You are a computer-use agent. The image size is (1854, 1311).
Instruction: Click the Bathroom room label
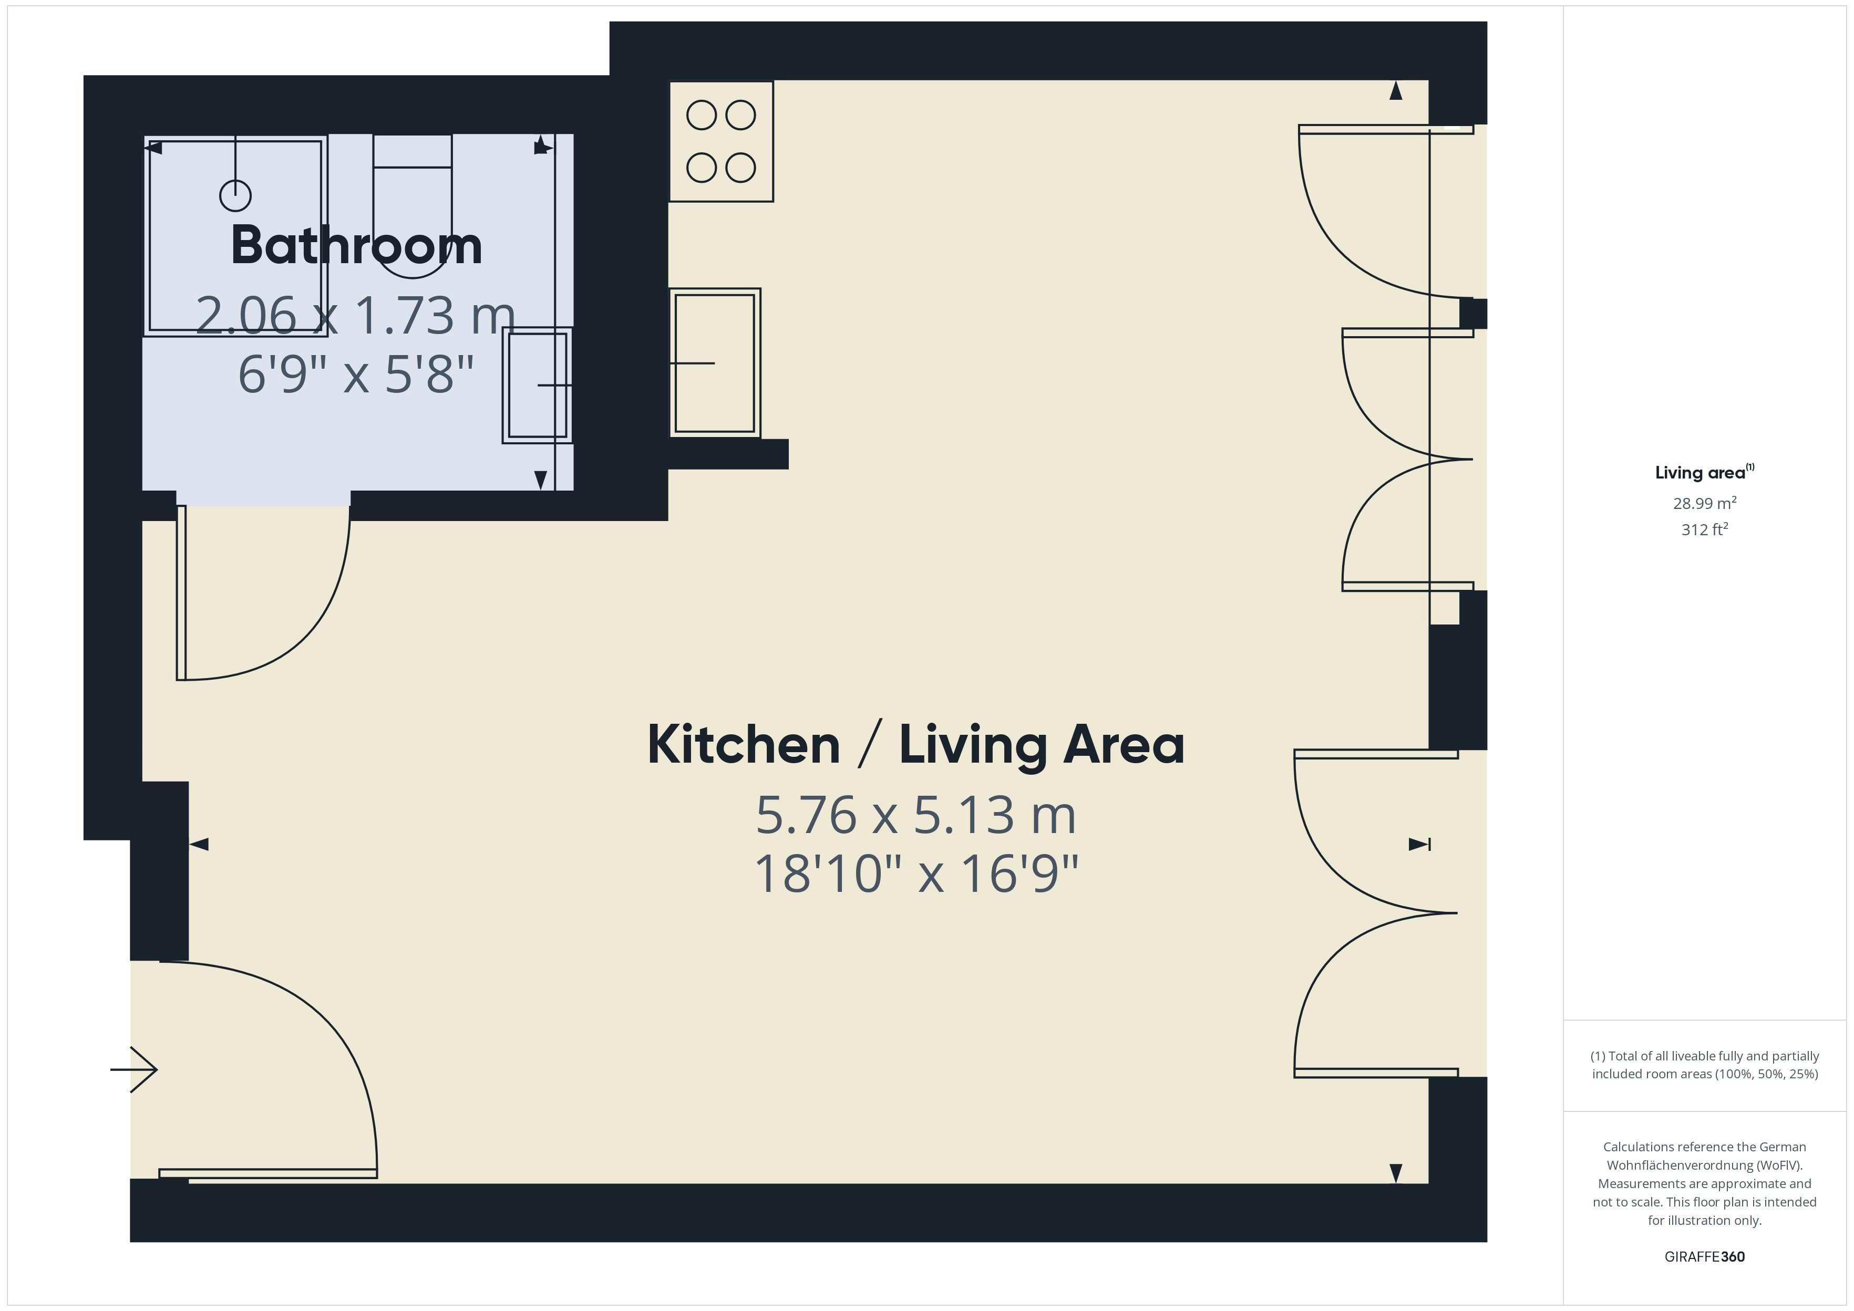356,245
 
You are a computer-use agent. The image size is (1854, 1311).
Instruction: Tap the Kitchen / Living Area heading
915,745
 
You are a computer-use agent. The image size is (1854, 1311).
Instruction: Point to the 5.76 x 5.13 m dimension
915,815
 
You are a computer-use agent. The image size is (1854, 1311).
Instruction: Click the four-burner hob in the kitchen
721,141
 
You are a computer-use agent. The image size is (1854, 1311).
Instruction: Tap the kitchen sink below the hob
715,363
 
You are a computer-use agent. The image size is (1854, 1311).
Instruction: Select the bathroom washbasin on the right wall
537,385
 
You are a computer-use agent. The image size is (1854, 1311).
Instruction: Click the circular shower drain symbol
235,195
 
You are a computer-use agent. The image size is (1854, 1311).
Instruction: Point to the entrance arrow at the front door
134,1069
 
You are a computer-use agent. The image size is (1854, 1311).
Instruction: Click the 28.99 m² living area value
1705,503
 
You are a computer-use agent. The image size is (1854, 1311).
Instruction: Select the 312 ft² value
1705,529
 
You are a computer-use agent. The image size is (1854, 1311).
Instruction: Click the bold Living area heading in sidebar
1705,472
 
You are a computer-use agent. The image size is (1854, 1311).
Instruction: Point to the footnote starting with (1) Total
1705,1065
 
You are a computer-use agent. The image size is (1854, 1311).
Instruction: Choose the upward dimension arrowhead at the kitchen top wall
1395,90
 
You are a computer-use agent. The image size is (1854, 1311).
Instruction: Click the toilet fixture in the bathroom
413,206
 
